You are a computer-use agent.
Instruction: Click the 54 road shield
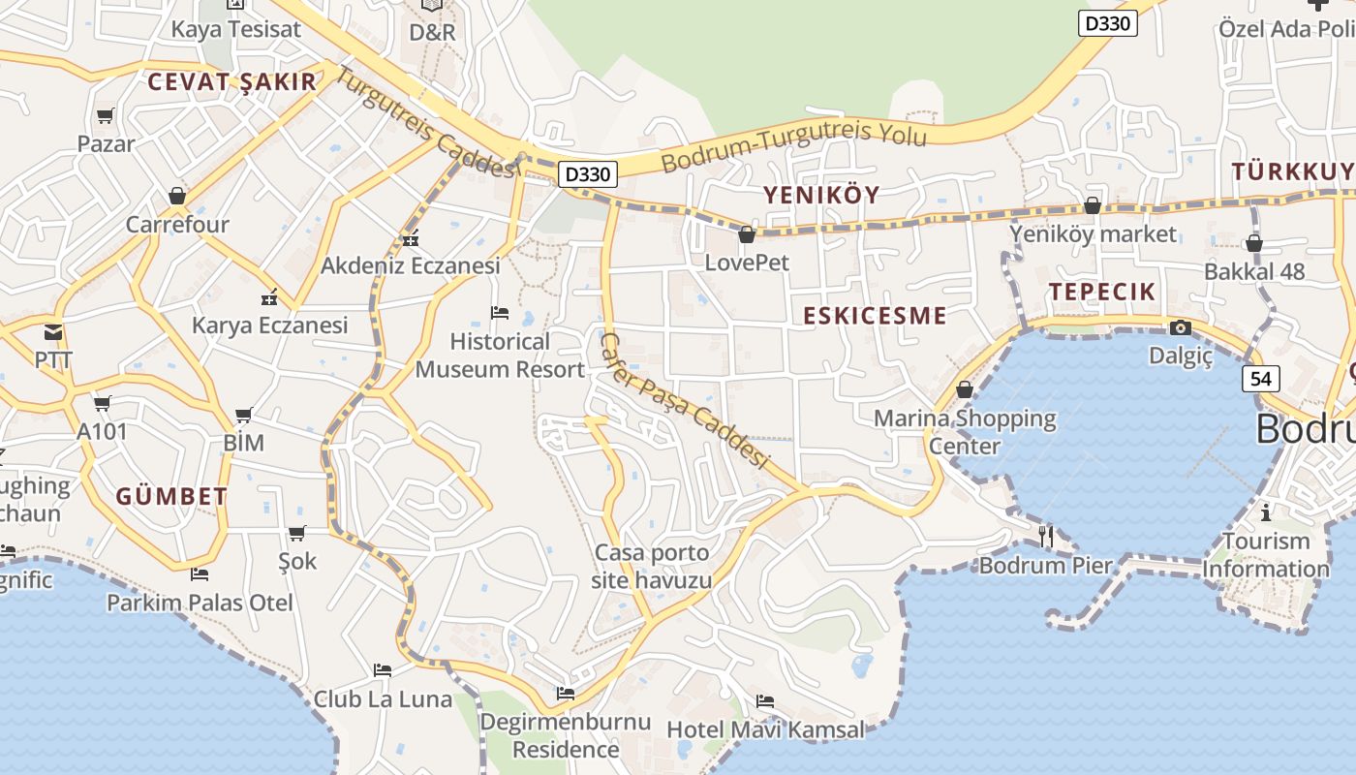tap(1260, 379)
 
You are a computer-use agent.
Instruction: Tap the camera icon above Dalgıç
tap(1180, 327)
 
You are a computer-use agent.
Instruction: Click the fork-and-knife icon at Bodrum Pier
tap(1046, 536)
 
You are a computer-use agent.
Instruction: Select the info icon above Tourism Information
tap(1265, 511)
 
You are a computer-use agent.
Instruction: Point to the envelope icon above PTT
tap(53, 332)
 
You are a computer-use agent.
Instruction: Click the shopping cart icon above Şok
tap(297, 533)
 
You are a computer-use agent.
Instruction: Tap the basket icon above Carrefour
tap(177, 196)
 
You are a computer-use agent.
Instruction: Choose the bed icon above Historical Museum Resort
tap(500, 312)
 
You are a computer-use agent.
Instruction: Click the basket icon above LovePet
tap(747, 234)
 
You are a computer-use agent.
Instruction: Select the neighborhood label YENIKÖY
tap(821, 195)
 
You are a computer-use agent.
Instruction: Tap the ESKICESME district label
tap(875, 316)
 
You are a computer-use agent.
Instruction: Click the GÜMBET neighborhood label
tap(171, 497)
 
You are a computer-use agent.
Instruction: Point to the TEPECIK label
tap(1102, 292)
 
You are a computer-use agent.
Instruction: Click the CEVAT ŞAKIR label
tap(232, 81)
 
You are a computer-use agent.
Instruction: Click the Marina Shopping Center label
tap(965, 432)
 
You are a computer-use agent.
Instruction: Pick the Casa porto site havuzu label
tap(652, 567)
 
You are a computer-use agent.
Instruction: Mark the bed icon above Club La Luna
tap(383, 669)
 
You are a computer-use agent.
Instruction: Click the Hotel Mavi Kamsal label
tap(765, 729)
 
